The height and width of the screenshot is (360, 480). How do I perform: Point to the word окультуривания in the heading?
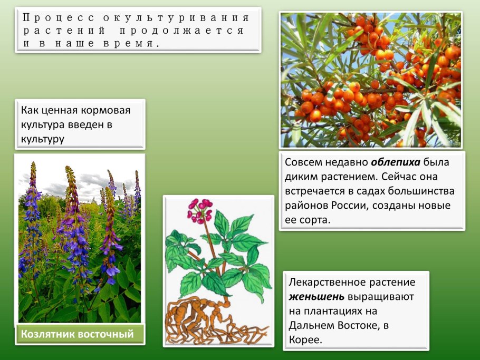pyautogui.click(x=176, y=17)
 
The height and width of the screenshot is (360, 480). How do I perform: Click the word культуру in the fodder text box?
pyautogui.click(x=43, y=139)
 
